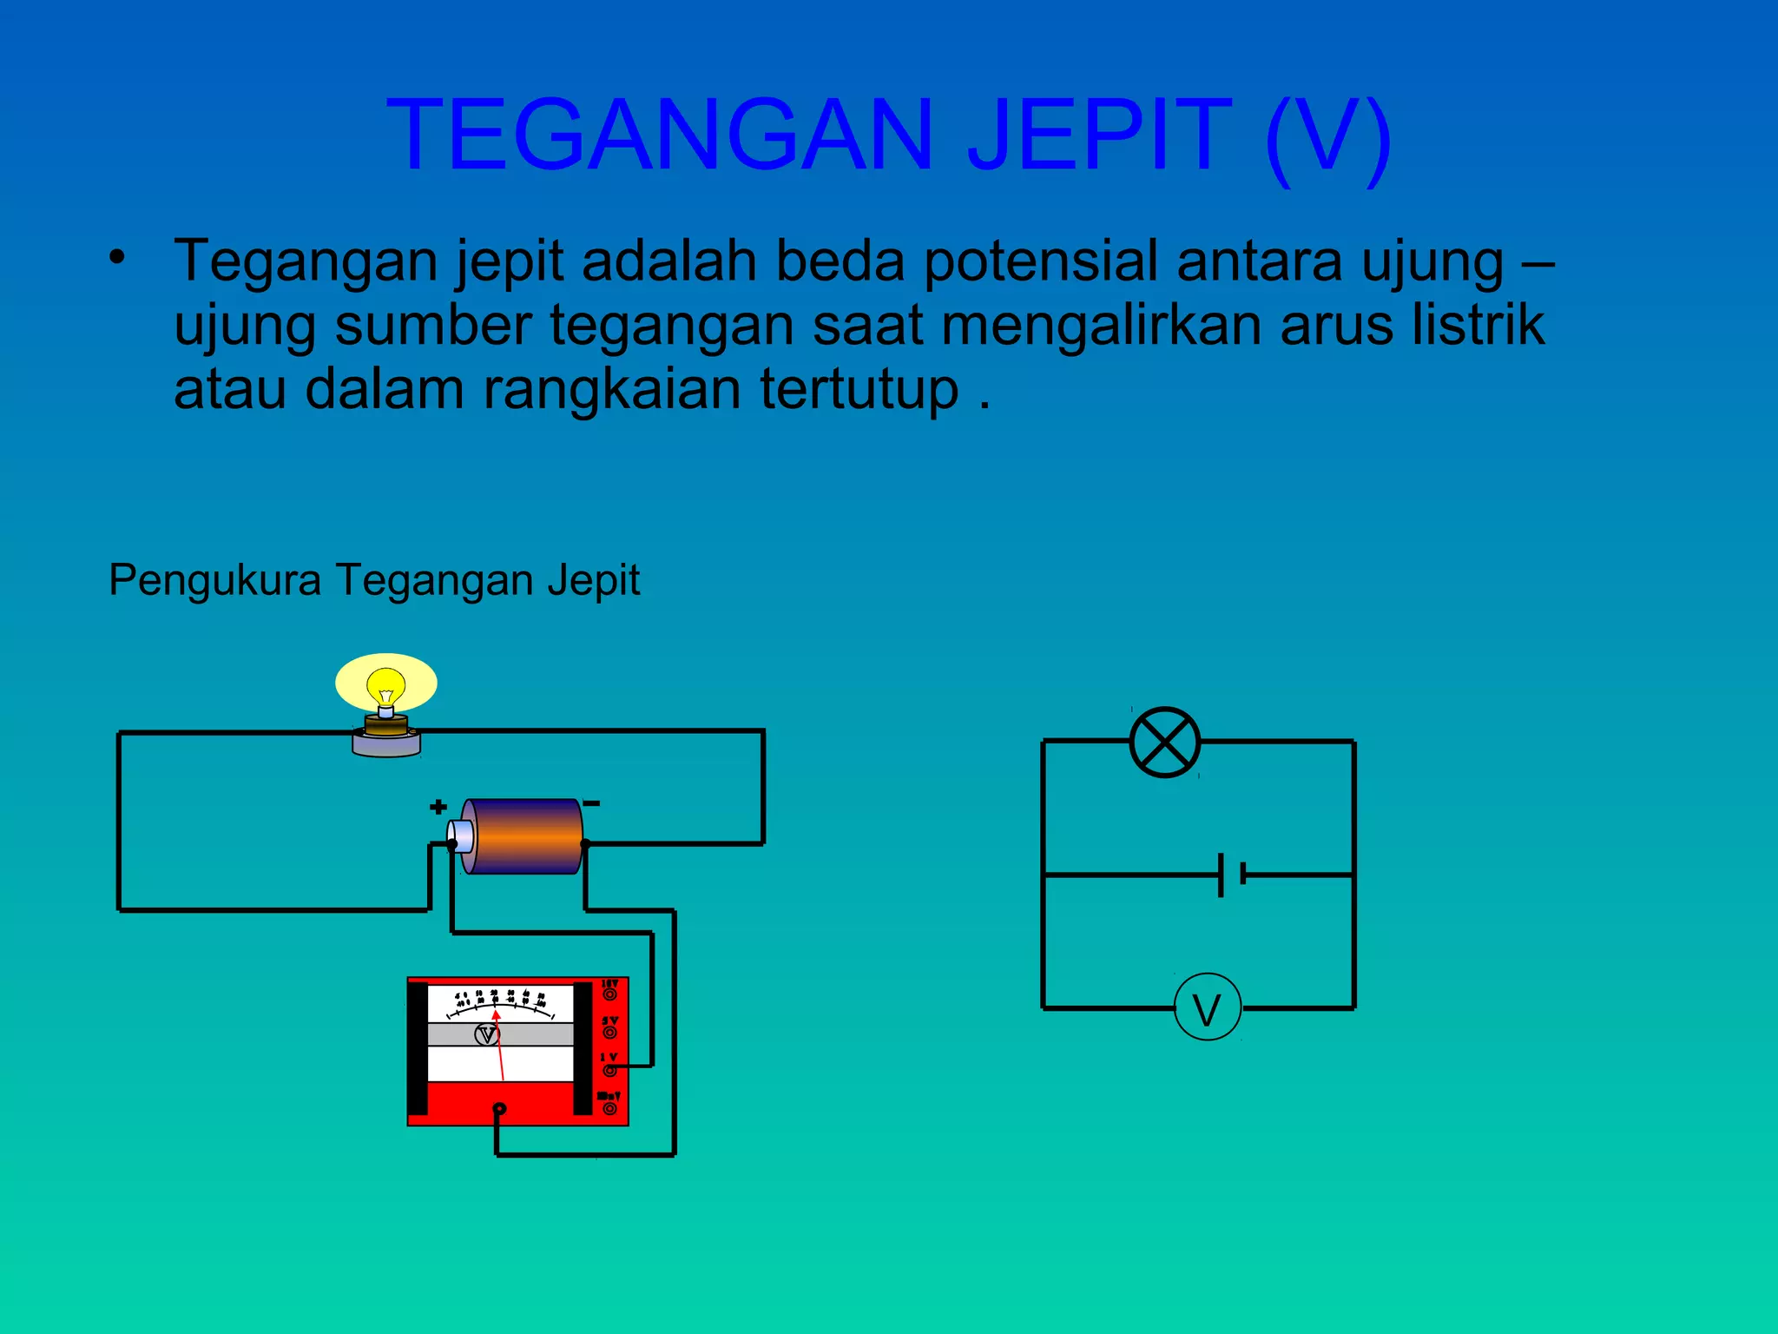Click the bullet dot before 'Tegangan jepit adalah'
(x=117, y=256)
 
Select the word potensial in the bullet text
(x=1040, y=261)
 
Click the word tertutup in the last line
(x=859, y=389)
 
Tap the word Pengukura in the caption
(x=214, y=580)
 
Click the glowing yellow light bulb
(x=386, y=685)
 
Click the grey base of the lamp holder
(x=386, y=745)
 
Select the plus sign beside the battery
(x=438, y=807)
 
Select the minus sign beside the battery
(x=591, y=803)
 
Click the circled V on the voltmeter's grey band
(x=486, y=1034)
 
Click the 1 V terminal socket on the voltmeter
(x=610, y=1069)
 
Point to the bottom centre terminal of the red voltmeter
(x=499, y=1109)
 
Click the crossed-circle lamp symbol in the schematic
(x=1164, y=742)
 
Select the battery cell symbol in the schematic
(x=1231, y=874)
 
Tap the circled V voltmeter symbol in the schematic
(x=1207, y=1008)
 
